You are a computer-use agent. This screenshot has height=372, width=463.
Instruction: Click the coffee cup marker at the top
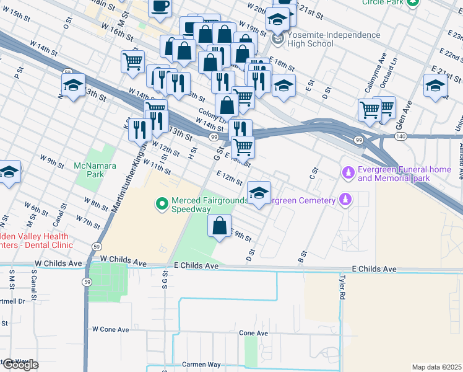click(160, 7)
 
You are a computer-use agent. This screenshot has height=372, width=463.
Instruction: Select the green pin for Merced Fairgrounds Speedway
click(162, 203)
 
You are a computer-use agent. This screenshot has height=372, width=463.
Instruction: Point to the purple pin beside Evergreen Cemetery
click(346, 200)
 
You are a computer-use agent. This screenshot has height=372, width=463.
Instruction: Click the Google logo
click(20, 365)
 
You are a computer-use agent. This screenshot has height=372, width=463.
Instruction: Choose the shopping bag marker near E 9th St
click(219, 226)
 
